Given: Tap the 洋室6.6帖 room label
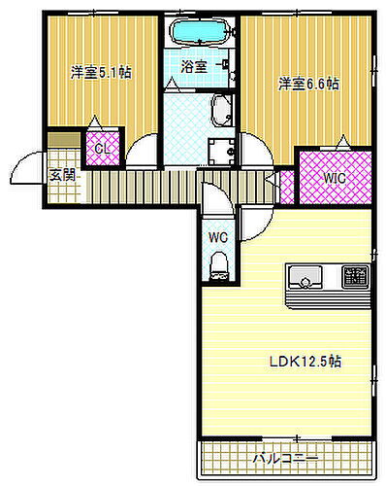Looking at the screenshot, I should pos(307,84).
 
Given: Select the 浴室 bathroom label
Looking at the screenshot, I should pos(194,67).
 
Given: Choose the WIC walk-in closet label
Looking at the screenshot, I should pos(334,177).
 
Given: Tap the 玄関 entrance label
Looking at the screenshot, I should pos(63,176).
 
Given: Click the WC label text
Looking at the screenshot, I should pos(217,235).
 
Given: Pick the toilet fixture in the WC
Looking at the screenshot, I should pos(218,263).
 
